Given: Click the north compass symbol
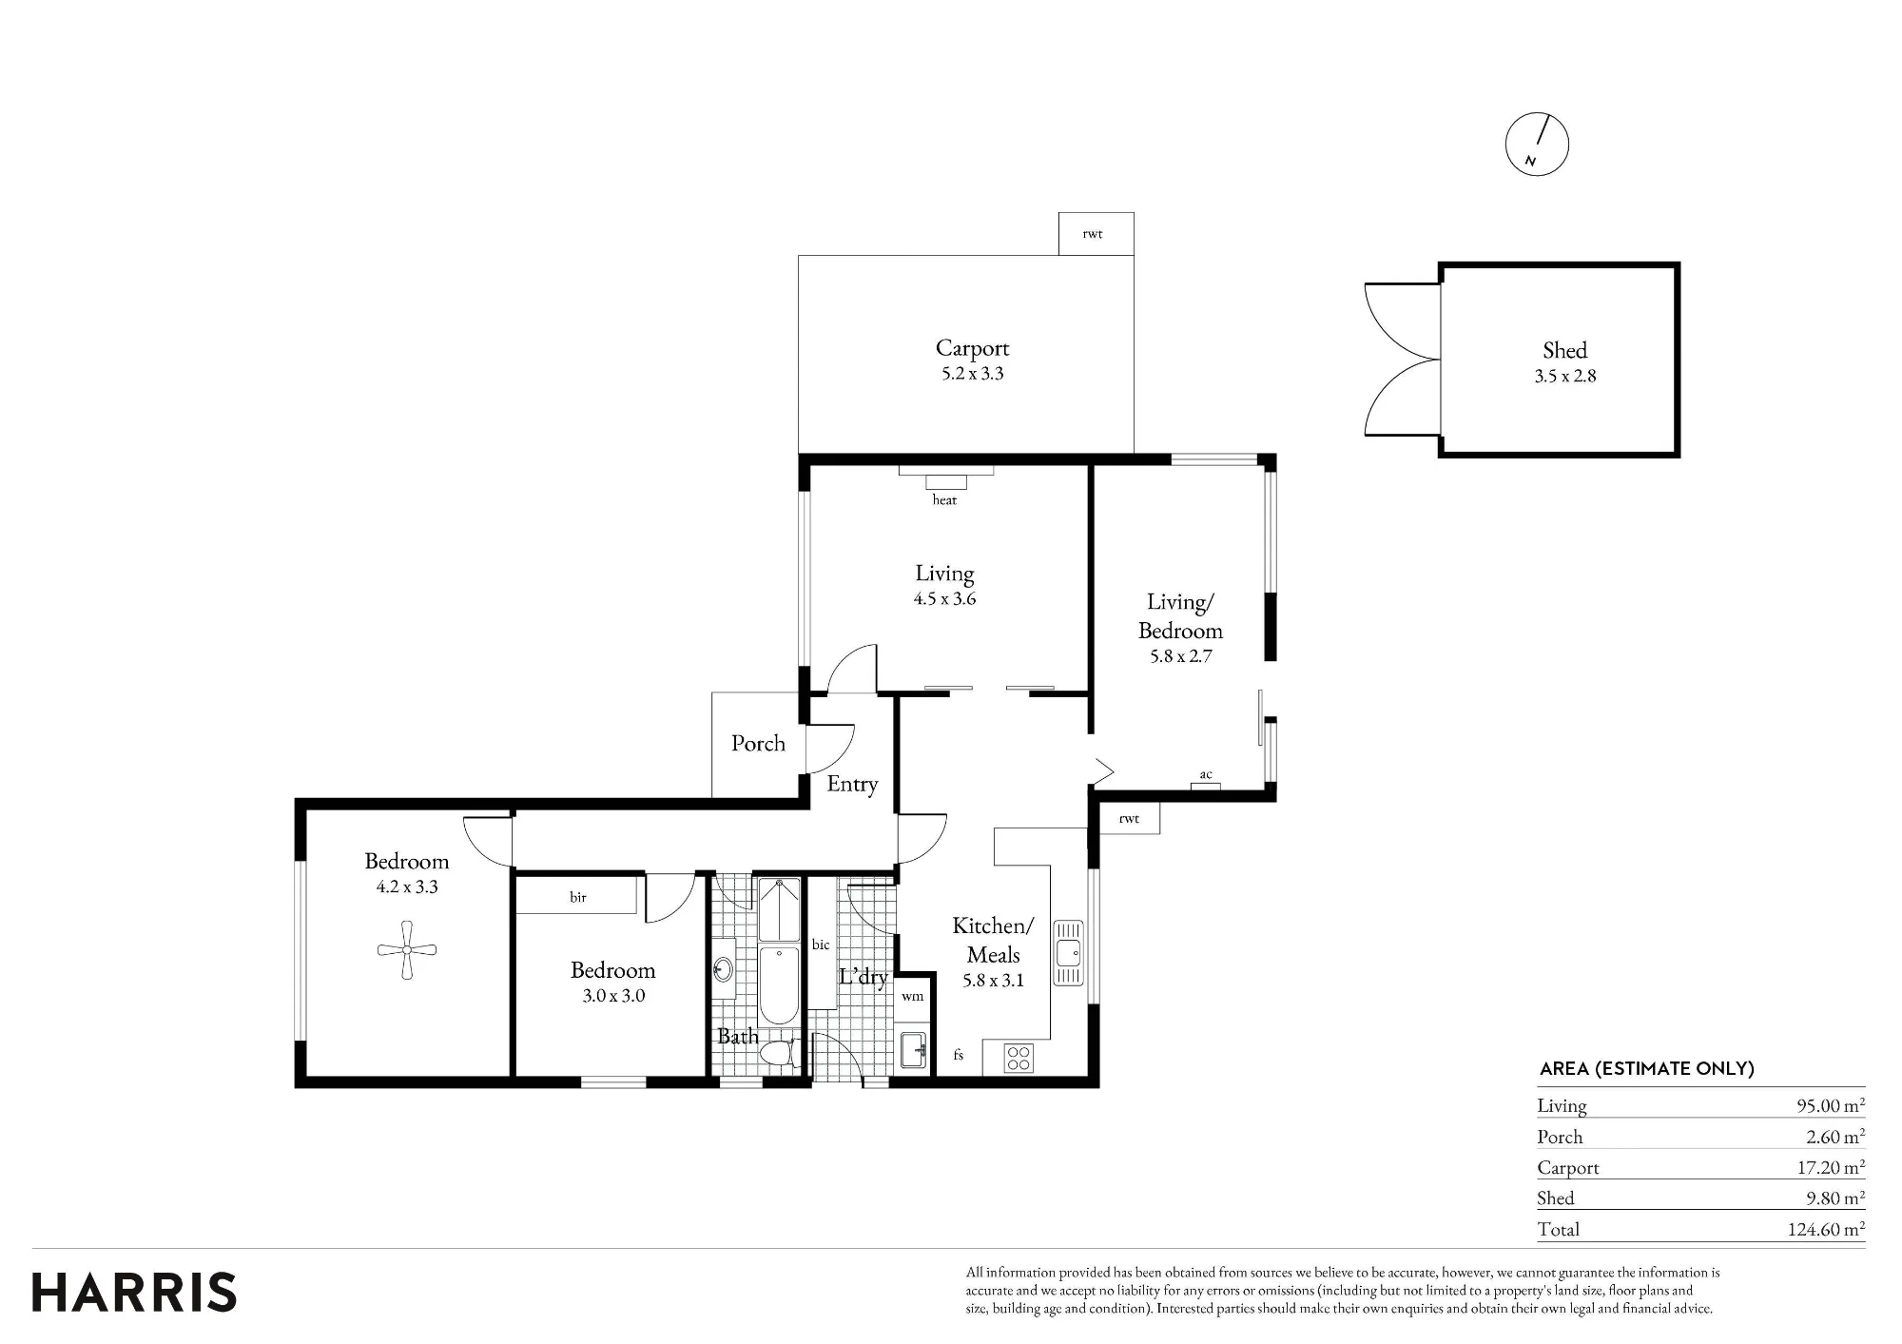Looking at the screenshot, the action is tap(1537, 145).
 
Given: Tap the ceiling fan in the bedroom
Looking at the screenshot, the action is tap(407, 949).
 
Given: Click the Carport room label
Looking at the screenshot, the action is tap(972, 348).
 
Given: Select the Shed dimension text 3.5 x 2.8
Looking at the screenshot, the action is tap(1565, 376).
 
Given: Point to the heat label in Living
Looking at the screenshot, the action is tap(944, 499).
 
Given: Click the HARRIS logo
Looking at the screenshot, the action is tap(134, 1293).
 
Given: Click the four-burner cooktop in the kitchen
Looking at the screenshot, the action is tap(1019, 1058).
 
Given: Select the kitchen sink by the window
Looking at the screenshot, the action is tap(1068, 951).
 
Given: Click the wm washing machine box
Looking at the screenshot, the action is tap(913, 997).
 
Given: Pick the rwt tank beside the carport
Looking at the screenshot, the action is tap(1096, 233).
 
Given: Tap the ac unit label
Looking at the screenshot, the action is tap(1206, 774).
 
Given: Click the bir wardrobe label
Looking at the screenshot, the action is tap(578, 897).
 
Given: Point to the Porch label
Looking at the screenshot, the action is tap(758, 743).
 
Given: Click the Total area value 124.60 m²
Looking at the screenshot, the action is tap(1826, 1229).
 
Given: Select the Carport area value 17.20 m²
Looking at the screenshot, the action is tap(1831, 1167).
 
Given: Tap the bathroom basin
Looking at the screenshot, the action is tap(724, 968).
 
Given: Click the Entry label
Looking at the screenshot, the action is tap(852, 784).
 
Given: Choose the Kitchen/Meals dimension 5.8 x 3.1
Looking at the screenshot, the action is tap(993, 981).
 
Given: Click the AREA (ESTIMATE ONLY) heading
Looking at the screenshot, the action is tap(1646, 1068).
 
